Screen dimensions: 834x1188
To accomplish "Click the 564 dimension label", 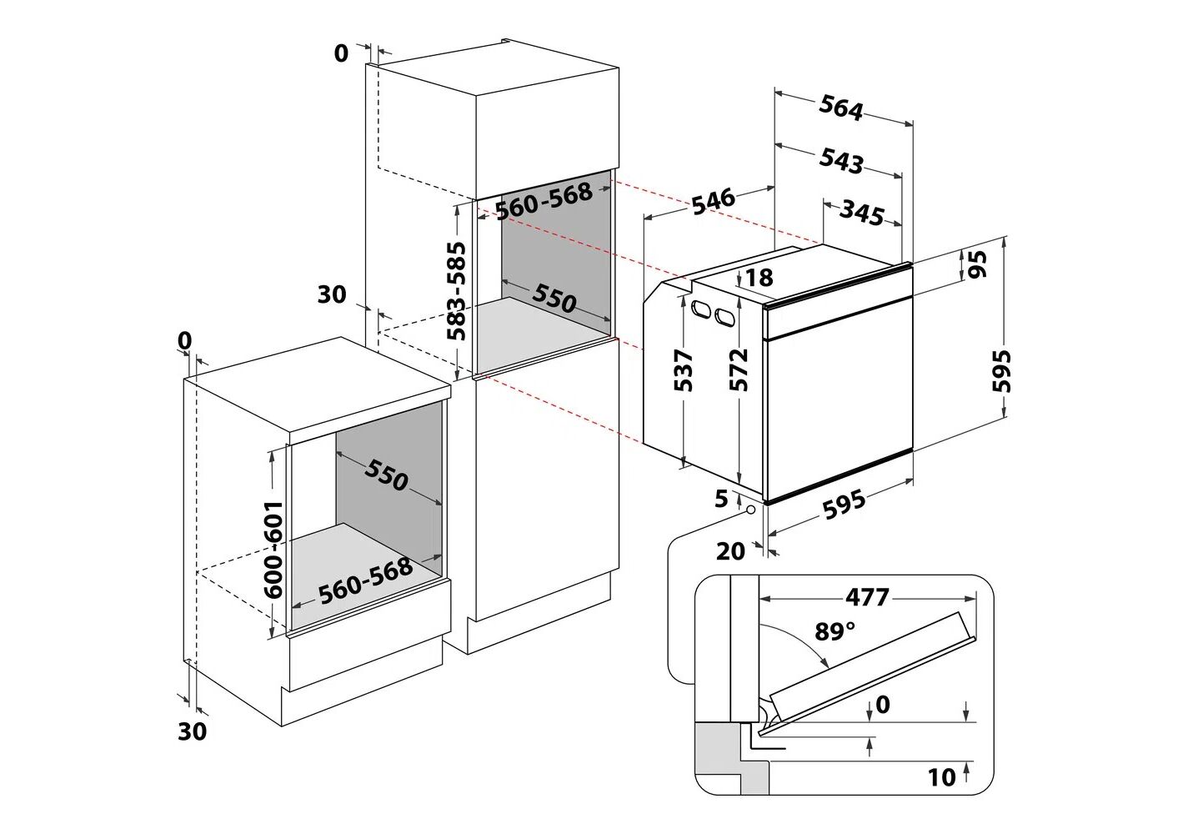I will click(841, 108).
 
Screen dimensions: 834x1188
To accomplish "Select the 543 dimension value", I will click(841, 160).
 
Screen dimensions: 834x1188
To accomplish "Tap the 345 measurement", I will click(861, 214).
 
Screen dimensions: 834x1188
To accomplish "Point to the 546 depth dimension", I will click(713, 199).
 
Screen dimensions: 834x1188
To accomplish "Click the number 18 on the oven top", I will click(759, 277).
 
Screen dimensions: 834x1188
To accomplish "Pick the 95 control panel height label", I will click(978, 264).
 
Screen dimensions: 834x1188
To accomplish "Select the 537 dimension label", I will click(683, 370).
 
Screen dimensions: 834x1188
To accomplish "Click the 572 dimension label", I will click(739, 370).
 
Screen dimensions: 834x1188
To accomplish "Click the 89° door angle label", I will click(835, 631).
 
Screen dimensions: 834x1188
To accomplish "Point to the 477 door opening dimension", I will click(867, 598).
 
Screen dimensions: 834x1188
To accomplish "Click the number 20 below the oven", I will click(729, 550).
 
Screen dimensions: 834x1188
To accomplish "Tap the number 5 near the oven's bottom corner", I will click(722, 499).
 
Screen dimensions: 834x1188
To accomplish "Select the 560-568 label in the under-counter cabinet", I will click(366, 579).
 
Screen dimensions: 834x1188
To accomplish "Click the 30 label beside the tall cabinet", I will click(331, 294).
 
